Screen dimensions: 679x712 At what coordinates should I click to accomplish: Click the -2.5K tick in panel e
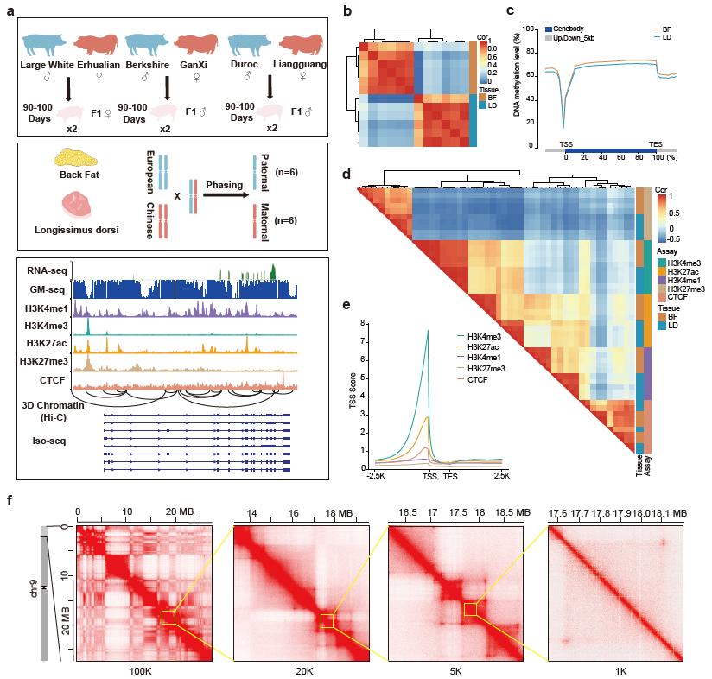pyautogui.click(x=376, y=476)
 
